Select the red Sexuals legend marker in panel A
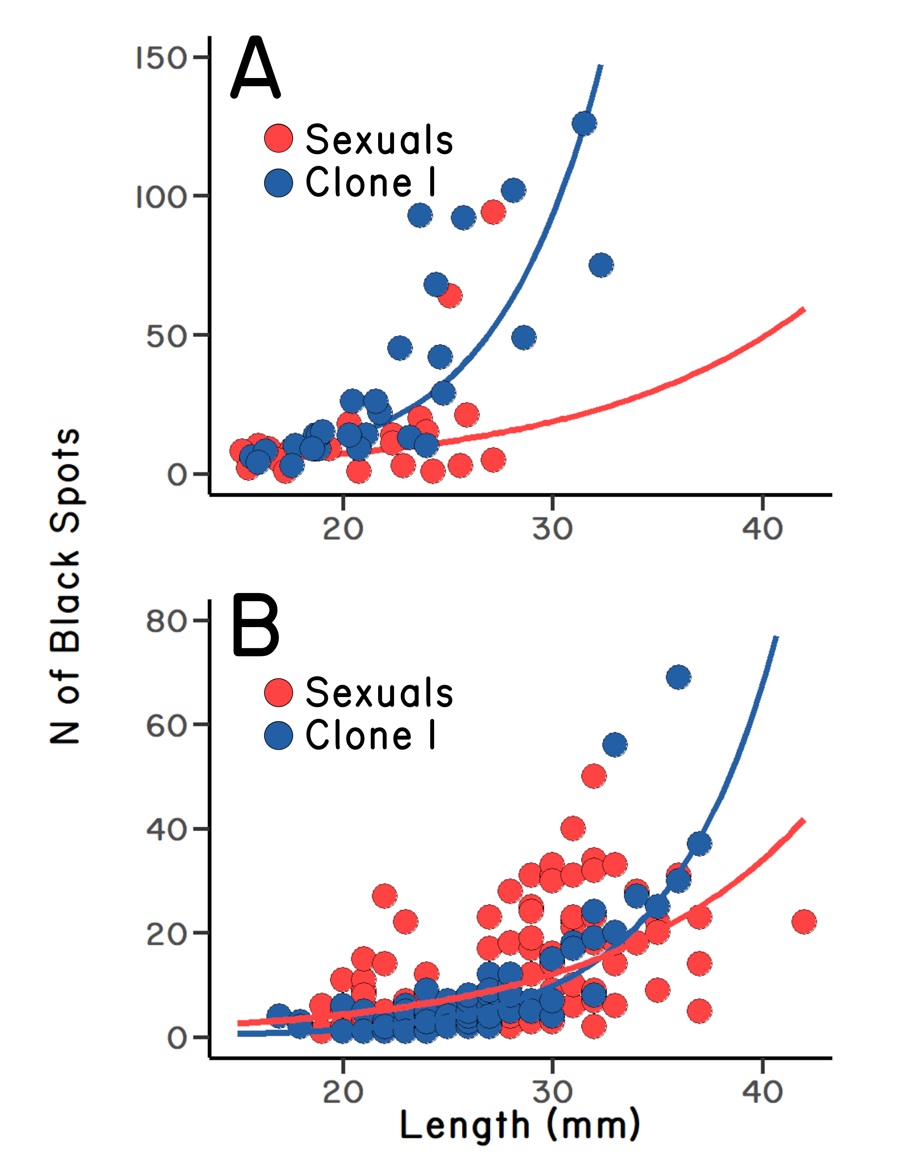click(x=279, y=138)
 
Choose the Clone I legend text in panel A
click(x=370, y=182)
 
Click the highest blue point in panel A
click(x=584, y=124)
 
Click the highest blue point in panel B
click(x=679, y=677)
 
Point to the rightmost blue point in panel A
click(x=601, y=265)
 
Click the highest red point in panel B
click(x=593, y=776)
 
